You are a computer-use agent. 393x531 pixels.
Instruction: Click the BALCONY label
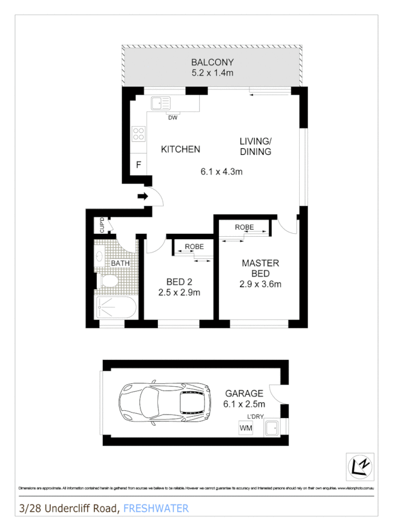point(212,62)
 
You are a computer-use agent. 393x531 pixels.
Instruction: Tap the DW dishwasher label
point(173,118)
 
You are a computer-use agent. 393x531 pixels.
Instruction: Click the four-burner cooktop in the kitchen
point(138,133)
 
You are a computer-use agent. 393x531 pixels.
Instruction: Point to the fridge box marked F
point(138,164)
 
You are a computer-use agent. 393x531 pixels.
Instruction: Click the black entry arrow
point(143,196)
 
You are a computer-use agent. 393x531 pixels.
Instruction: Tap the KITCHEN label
point(181,149)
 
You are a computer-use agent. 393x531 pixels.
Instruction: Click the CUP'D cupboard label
point(102,225)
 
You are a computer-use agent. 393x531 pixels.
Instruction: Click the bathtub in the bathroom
point(117,308)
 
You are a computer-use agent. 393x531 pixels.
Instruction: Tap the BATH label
point(120,263)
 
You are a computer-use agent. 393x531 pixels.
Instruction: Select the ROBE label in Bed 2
point(194,246)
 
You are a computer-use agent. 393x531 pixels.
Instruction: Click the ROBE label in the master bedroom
point(244,227)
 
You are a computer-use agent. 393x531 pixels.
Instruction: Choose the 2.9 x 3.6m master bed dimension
point(260,284)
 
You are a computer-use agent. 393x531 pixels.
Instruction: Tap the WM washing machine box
point(245,428)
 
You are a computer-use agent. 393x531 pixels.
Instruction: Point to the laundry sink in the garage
point(273,428)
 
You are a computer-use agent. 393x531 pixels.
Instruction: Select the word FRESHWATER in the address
point(156,509)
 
